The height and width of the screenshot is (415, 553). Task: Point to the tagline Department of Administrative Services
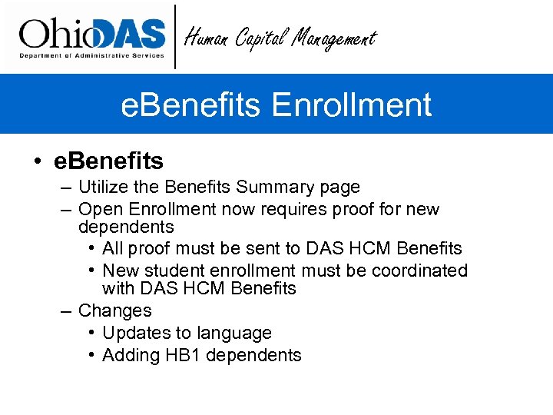point(91,55)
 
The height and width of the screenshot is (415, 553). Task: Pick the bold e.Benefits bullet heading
point(108,161)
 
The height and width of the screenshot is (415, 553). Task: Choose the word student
point(174,271)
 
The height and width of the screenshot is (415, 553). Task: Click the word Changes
point(115,311)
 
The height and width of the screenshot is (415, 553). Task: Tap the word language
point(235,334)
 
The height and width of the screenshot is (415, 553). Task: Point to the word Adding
point(128,356)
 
